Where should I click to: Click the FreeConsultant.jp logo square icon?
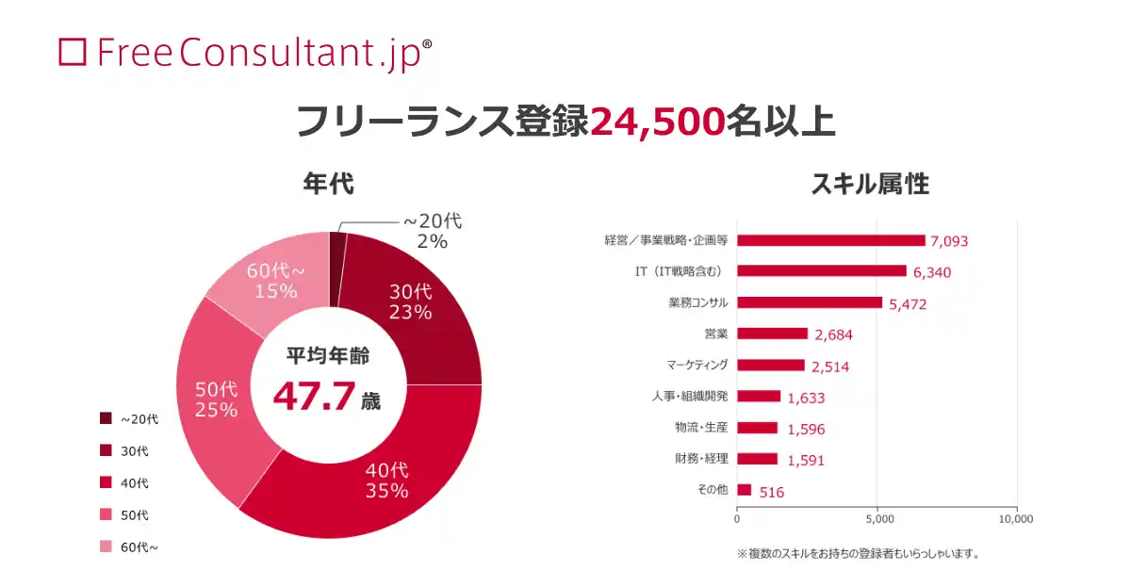pos(73,52)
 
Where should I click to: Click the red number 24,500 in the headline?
pos(657,122)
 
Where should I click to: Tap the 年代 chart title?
pos(328,184)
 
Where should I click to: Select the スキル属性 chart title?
pos(870,184)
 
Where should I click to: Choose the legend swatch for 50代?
pos(106,515)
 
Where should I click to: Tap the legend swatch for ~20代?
pos(106,418)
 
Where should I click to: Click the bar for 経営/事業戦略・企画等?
pos(830,240)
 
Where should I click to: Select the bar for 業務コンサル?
pos(809,302)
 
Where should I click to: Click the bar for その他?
pos(744,490)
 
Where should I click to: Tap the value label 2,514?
pos(830,366)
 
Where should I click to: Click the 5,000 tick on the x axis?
pos(877,518)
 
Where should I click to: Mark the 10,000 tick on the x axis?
pos(1017,518)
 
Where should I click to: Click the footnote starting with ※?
pos(858,554)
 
